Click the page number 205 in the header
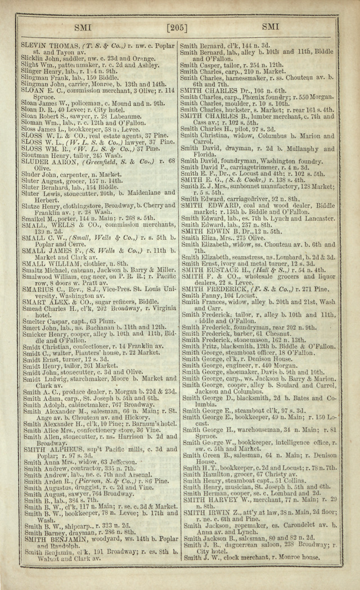[179, 26]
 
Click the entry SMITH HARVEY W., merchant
[215, 498]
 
